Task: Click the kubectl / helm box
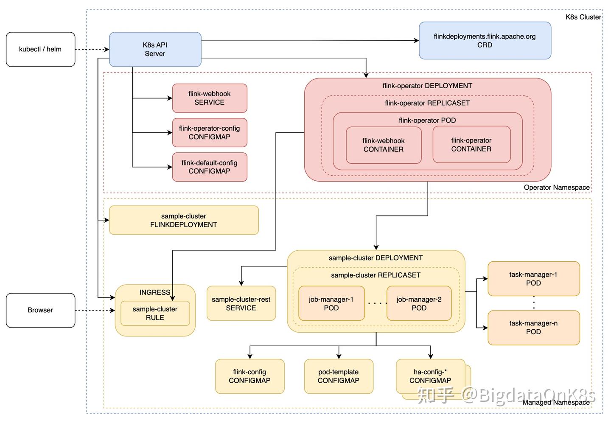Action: pyautogui.click(x=40, y=49)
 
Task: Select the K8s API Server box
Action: pyautogui.click(x=155, y=49)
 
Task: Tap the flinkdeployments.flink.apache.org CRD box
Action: pyautogui.click(x=485, y=41)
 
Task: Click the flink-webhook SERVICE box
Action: pyautogui.click(x=209, y=98)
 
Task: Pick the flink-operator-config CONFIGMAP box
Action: pyautogui.click(x=209, y=132)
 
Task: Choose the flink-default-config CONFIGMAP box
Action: pyautogui.click(x=209, y=167)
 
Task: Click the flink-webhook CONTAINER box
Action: pyautogui.click(x=383, y=145)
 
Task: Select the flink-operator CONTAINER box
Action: pyautogui.click(x=471, y=145)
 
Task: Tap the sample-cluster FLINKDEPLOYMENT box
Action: pyautogui.click(x=183, y=220)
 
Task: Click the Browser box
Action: pyautogui.click(x=40, y=310)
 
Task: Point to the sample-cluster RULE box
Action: pyautogui.click(x=155, y=314)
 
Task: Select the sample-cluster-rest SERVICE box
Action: pyautogui.click(x=241, y=304)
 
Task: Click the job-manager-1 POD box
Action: pyautogui.click(x=331, y=304)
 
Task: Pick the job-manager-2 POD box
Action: pyautogui.click(x=419, y=304)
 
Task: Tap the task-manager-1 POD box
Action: pyautogui.click(x=533, y=279)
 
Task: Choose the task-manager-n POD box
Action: pyautogui.click(x=533, y=328)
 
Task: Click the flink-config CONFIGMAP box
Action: pyautogui.click(x=249, y=376)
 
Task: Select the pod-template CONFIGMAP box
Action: pyautogui.click(x=338, y=376)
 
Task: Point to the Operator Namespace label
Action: pyautogui.click(x=556, y=188)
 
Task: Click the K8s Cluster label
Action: pyautogui.click(x=583, y=17)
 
